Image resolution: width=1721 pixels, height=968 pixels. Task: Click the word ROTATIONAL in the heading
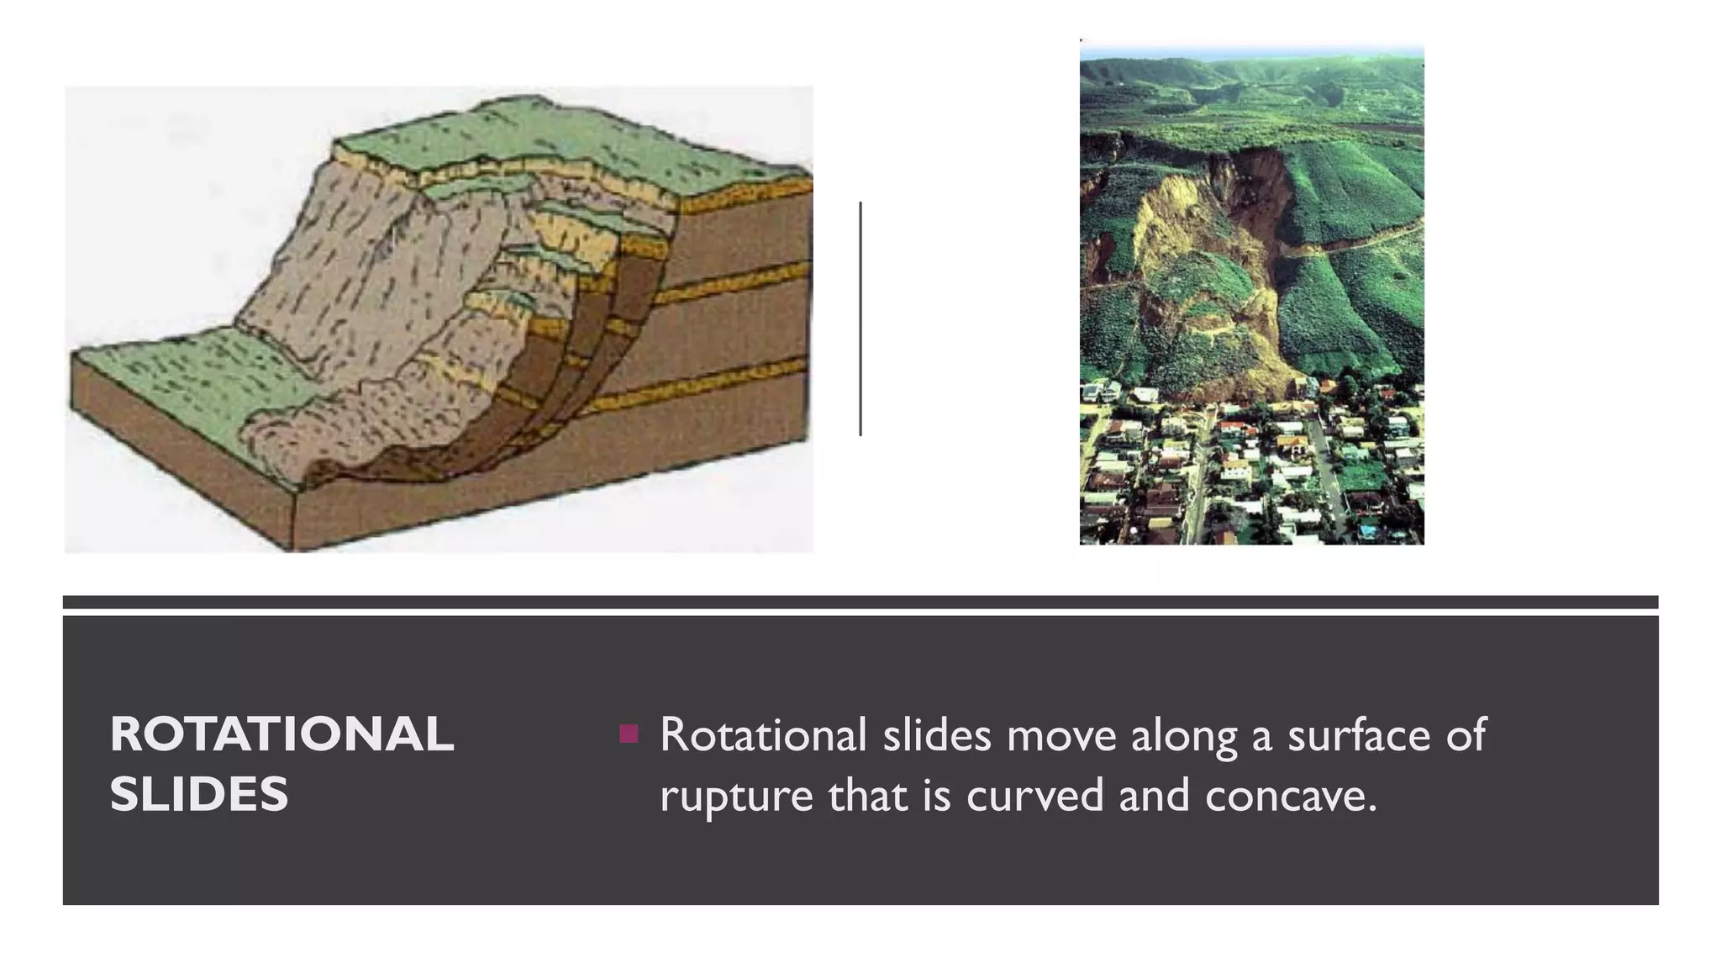(x=282, y=734)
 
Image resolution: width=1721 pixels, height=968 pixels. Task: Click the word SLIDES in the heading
(x=199, y=794)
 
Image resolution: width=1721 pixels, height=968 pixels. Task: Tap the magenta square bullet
(x=628, y=734)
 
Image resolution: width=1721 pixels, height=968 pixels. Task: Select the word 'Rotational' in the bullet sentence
(x=763, y=734)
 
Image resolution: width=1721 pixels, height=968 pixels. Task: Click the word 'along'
(x=1184, y=736)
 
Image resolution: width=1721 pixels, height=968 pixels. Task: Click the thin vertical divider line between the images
(x=860, y=319)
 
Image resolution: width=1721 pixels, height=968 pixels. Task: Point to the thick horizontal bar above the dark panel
(x=860, y=602)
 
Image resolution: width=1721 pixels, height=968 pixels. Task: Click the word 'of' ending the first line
(x=1466, y=734)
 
